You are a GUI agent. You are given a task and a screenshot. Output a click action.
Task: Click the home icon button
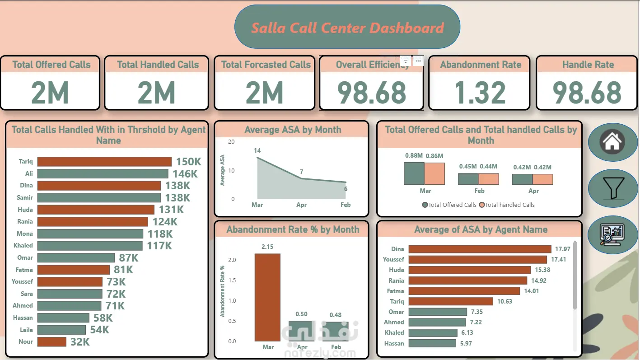(x=612, y=142)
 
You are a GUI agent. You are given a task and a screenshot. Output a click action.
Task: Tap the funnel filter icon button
(x=612, y=188)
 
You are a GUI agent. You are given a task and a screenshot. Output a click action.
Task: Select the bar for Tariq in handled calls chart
(x=104, y=162)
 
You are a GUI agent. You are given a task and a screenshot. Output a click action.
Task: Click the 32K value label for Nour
(x=80, y=342)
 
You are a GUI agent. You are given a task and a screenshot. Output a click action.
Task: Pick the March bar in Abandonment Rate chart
(x=267, y=297)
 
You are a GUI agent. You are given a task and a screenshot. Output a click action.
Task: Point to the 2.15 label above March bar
(x=267, y=247)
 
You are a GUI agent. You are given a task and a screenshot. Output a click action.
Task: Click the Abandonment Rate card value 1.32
(x=480, y=93)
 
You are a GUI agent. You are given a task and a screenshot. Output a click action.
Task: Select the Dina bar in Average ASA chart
(x=480, y=249)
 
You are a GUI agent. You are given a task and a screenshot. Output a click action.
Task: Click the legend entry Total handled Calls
(x=509, y=205)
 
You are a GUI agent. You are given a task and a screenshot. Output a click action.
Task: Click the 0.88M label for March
(x=414, y=155)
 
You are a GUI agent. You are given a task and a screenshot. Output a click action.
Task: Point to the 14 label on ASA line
(x=257, y=150)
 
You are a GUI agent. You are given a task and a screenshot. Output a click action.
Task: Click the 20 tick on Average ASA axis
(x=232, y=141)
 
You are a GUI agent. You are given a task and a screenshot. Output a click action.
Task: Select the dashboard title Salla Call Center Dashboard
(x=347, y=28)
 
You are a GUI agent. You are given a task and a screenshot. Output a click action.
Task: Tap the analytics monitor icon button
(x=612, y=235)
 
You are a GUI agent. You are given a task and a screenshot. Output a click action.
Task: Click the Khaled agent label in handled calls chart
(x=23, y=245)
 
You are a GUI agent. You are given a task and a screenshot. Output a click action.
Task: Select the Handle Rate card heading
(x=588, y=65)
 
